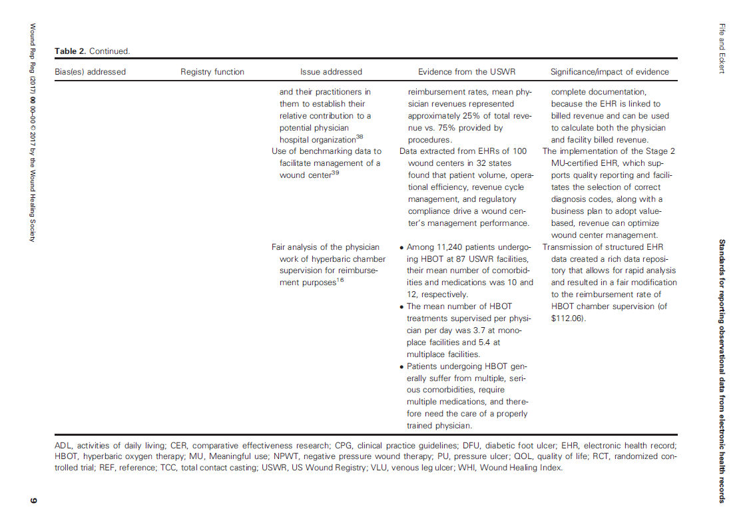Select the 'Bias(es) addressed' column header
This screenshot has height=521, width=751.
pyautogui.click(x=90, y=72)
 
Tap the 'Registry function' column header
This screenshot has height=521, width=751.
pyautogui.click(x=212, y=72)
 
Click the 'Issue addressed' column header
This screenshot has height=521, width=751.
pyautogui.click(x=331, y=72)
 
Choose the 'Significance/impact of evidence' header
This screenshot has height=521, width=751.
pyautogui.click(x=609, y=72)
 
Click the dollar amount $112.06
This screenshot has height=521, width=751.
pyautogui.click(x=567, y=318)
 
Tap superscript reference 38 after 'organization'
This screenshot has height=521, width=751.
pyautogui.click(x=360, y=138)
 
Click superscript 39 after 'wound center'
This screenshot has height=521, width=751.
pyautogui.click(x=335, y=173)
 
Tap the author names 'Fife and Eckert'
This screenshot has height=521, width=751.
pyautogui.click(x=721, y=48)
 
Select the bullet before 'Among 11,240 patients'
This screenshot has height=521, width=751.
pyautogui.click(x=401, y=248)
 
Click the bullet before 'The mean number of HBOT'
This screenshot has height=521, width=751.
pyautogui.click(x=401, y=307)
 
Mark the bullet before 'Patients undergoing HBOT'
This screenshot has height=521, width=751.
pyautogui.click(x=401, y=367)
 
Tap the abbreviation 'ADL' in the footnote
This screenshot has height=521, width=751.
pyautogui.click(x=63, y=445)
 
